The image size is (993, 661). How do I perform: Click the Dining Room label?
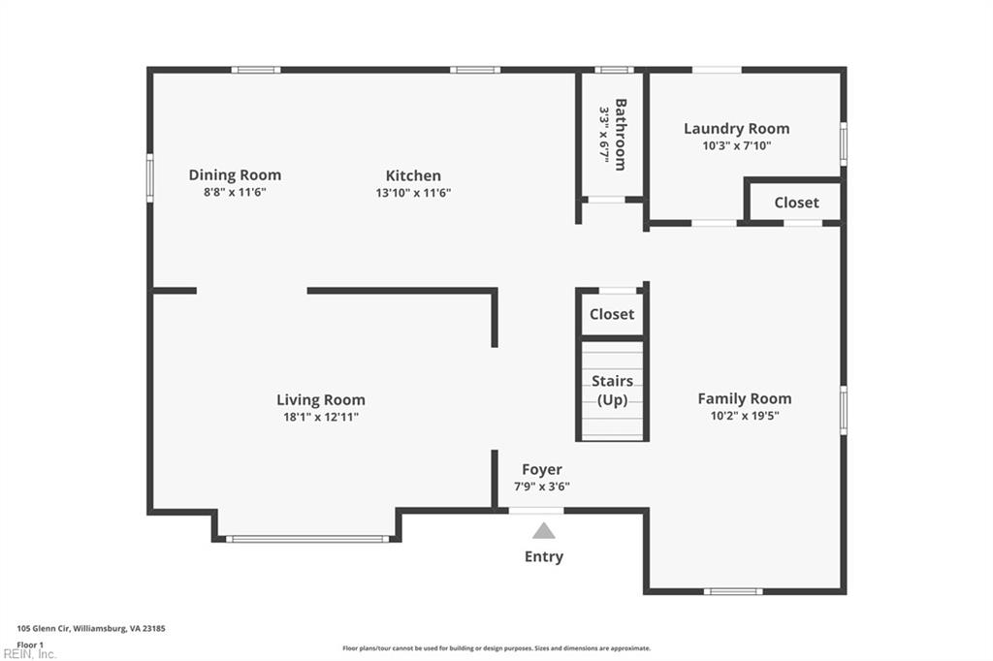coord(235,175)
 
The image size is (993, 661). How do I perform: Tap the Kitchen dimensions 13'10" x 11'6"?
coord(413,193)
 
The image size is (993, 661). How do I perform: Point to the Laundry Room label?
coord(736,128)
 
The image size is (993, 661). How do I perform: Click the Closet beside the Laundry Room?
coord(796,203)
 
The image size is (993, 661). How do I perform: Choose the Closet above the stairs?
coord(612,314)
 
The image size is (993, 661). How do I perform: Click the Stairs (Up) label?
coord(612,391)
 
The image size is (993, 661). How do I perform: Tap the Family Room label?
coord(744,398)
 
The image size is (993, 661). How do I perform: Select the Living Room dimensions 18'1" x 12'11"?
coord(321,417)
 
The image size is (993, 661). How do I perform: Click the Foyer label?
coord(542,470)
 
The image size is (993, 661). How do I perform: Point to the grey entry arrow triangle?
coord(543,531)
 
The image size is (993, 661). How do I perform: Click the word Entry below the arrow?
coord(543,556)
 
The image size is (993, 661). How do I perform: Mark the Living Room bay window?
coord(307,539)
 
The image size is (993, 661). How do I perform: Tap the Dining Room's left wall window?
coord(150,178)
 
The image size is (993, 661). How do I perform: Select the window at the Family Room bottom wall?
coord(732,591)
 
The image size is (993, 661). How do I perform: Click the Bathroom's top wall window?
coord(613,70)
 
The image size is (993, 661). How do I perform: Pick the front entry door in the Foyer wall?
coord(535,511)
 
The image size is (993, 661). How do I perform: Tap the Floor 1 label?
coord(30,644)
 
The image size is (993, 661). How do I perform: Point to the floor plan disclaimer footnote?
coord(496,648)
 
